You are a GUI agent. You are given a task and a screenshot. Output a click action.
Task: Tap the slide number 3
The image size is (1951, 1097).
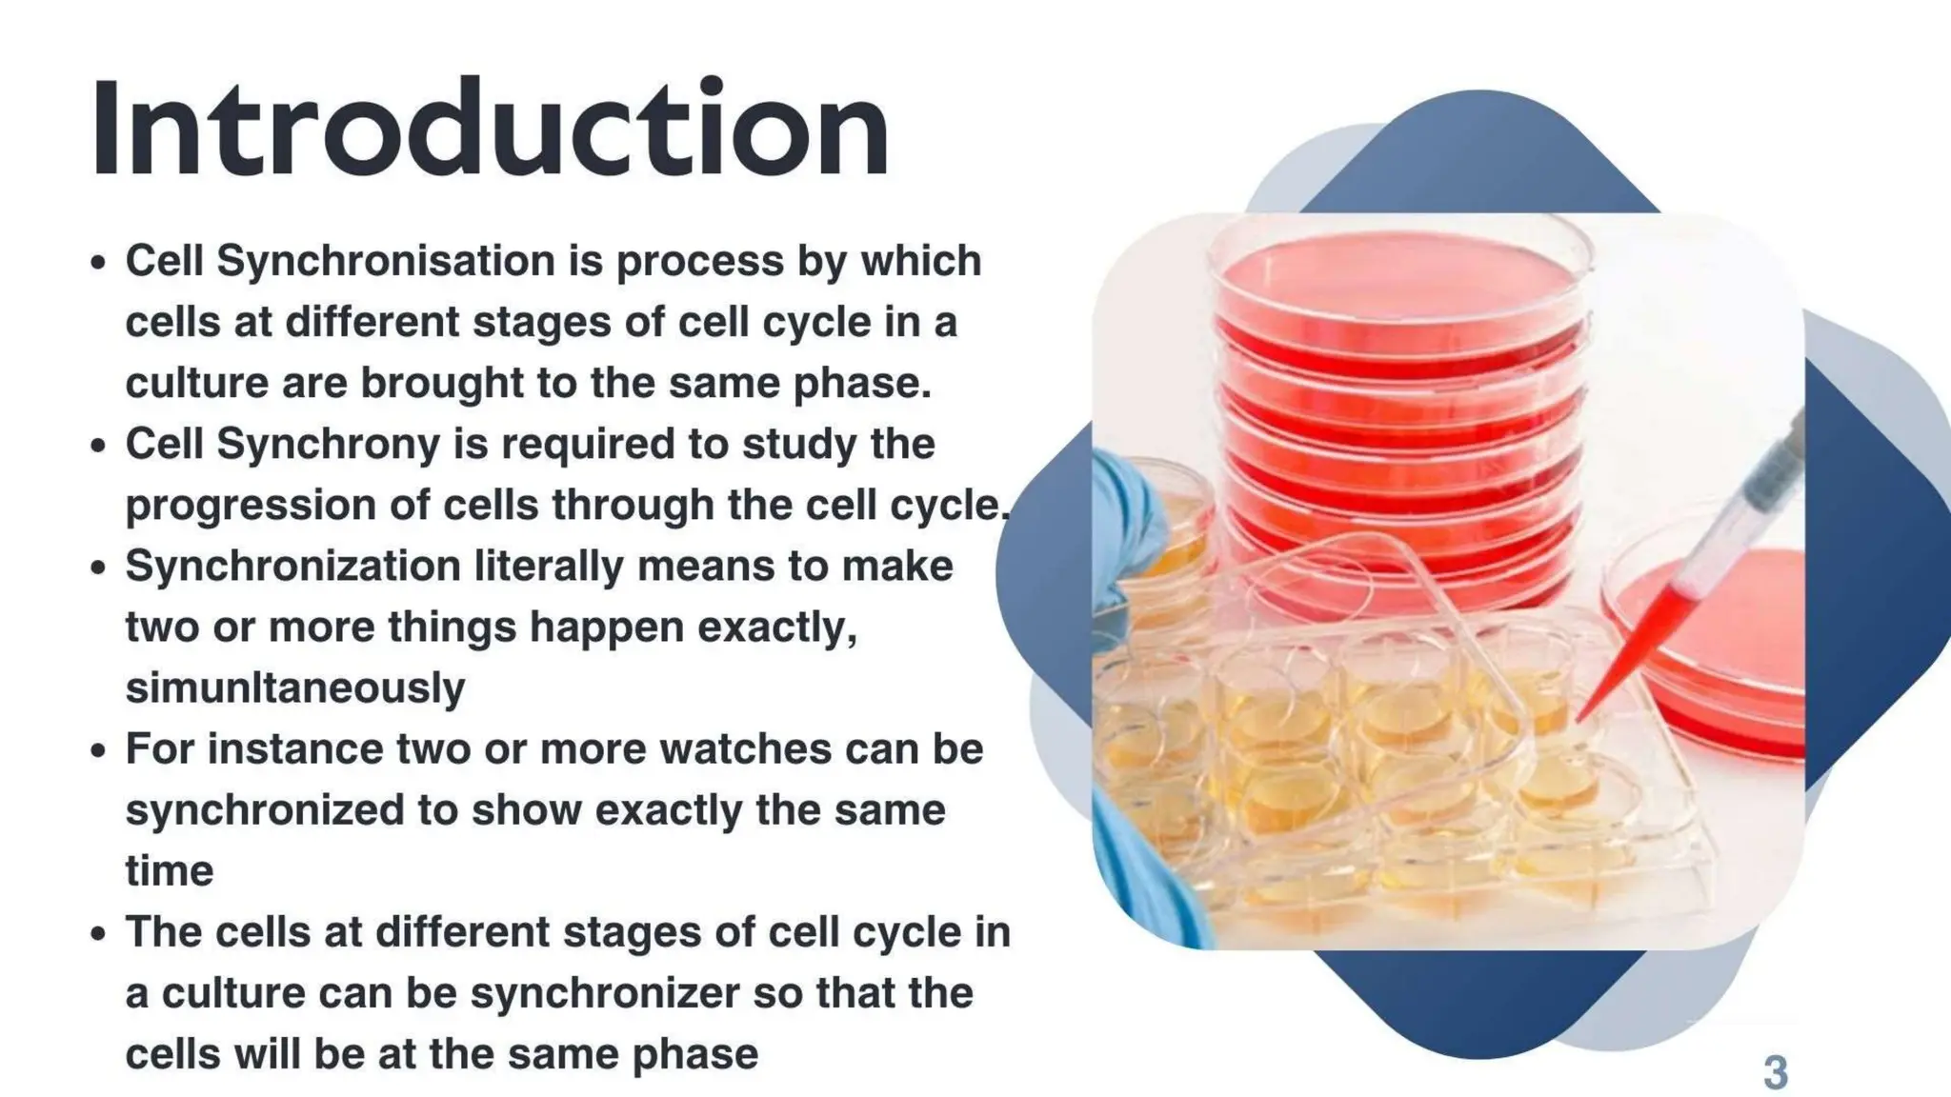[1775, 1072]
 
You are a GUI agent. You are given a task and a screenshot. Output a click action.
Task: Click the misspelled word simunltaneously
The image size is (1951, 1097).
[295, 688]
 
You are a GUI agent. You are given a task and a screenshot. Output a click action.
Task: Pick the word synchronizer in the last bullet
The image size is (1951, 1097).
[604, 993]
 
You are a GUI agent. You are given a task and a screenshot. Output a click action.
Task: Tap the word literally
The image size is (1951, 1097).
[549, 567]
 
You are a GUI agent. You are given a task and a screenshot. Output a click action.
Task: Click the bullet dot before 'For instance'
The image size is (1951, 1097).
[98, 750]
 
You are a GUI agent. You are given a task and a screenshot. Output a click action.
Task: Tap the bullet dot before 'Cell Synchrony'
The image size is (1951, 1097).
[98, 445]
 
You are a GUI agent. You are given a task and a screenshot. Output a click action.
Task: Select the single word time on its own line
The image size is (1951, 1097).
[170, 871]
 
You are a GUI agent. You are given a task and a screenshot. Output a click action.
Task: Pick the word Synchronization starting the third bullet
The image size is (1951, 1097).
[292, 567]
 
